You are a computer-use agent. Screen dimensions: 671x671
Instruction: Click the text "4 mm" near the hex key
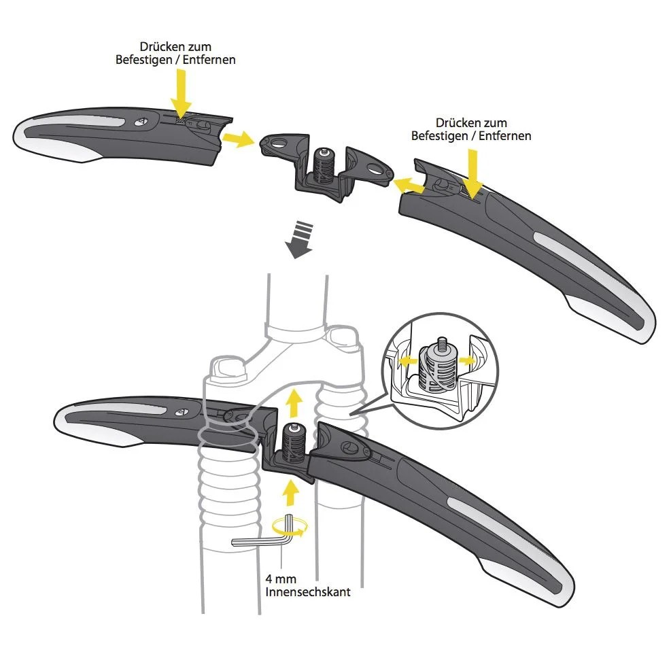280,579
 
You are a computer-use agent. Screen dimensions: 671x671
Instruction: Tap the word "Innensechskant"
308,592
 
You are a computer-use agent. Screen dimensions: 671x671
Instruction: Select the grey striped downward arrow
300,240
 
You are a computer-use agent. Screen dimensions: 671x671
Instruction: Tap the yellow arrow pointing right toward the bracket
238,139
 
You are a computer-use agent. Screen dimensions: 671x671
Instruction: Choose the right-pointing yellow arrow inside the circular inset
467,360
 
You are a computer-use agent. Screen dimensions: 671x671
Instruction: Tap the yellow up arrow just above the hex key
291,493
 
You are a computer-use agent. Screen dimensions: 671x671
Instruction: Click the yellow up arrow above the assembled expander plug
294,402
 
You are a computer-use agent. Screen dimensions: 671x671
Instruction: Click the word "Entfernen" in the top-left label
209,59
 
